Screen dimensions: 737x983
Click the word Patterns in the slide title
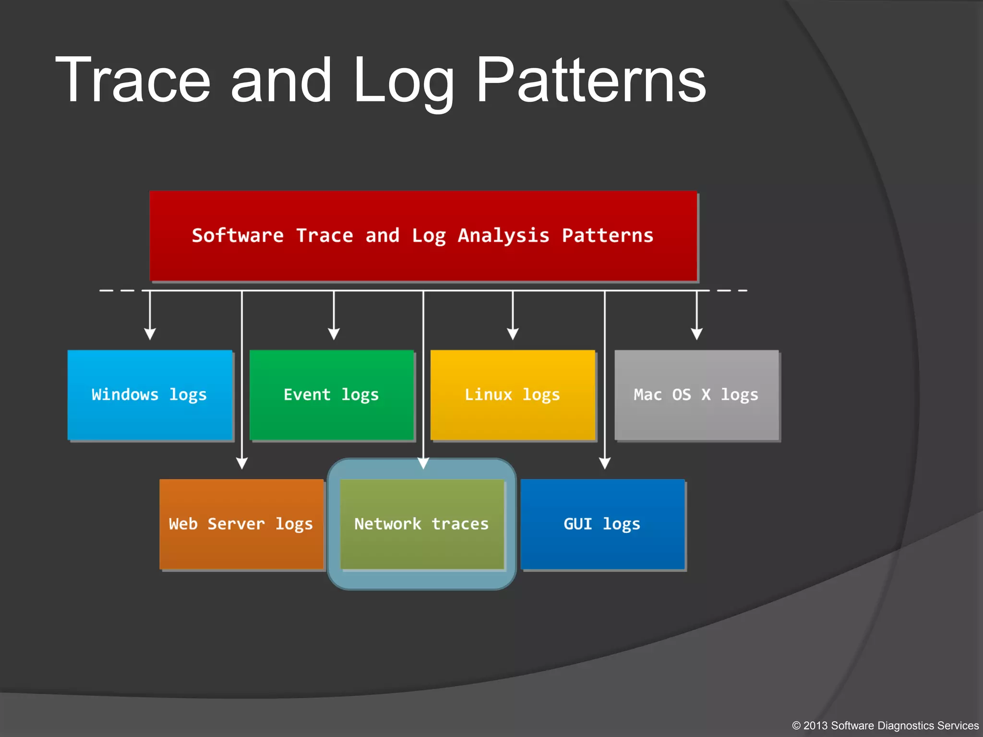click(591, 81)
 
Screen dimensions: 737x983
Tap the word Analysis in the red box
click(503, 236)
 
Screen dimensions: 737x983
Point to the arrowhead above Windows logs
click(150, 334)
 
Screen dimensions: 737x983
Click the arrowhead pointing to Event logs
click(334, 334)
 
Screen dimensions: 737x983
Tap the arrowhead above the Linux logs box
click(513, 334)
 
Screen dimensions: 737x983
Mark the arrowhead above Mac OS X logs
click(696, 334)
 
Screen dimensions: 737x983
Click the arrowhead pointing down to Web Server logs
click(242, 463)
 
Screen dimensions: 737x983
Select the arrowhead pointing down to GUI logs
click(605, 463)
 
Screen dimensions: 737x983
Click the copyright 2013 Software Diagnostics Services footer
click(885, 725)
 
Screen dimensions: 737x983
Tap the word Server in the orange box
click(236, 524)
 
